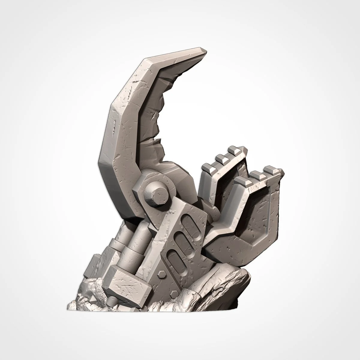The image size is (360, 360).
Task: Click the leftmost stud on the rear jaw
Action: (208, 167)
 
